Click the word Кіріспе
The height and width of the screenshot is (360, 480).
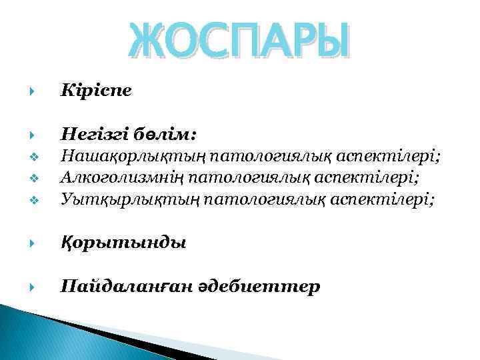pyautogui.click(x=95, y=89)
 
